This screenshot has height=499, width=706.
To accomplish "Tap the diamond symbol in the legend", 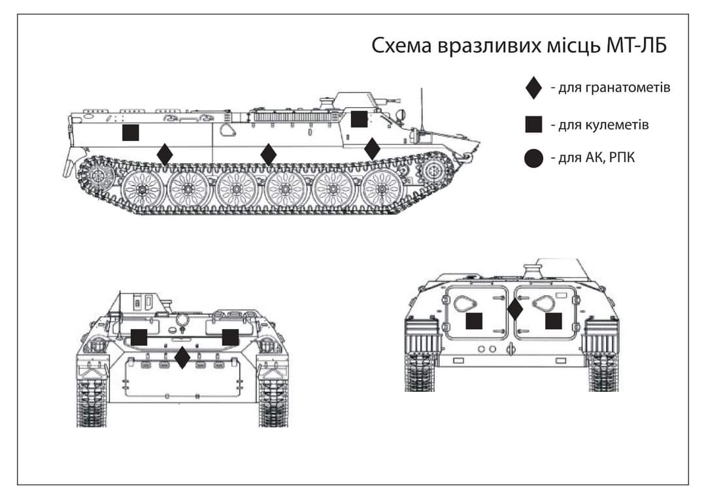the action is [534, 88].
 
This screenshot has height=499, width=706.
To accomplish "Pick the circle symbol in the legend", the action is [534, 158].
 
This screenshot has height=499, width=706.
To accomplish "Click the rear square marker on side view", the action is [131, 133].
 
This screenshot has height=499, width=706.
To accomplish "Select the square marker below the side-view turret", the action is [359, 120].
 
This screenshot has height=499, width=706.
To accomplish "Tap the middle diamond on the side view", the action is [268, 155].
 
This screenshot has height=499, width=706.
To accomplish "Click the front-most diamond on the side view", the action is [372, 149].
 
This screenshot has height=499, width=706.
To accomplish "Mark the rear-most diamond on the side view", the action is [165, 155].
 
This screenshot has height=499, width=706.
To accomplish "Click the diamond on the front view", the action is [182, 357].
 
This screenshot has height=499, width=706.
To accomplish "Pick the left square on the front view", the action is [139, 337].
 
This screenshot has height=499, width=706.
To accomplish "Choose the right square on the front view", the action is [230, 337].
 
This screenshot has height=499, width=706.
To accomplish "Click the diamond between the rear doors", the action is [515, 309].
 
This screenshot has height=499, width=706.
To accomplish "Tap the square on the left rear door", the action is [474, 321].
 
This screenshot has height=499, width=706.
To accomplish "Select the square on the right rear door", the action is [554, 321].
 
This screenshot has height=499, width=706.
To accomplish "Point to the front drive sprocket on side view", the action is [433, 172].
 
